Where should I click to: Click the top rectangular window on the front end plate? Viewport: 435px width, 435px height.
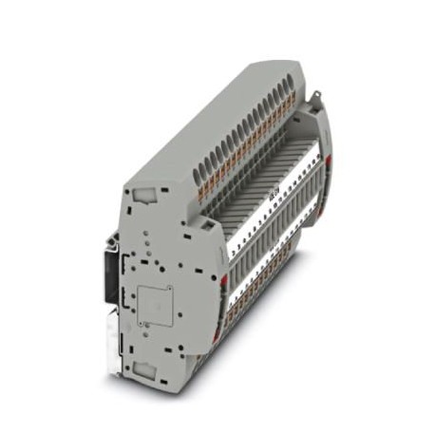147,195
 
